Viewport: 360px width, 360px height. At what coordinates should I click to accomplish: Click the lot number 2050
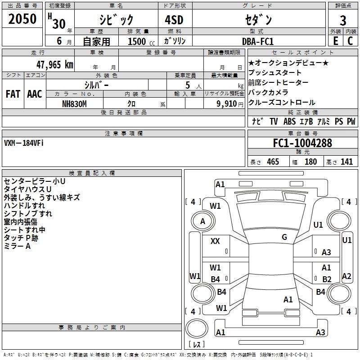click(22, 19)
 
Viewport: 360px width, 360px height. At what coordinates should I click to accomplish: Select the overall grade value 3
click(343, 21)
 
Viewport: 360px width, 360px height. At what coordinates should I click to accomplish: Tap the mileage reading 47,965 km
click(54, 65)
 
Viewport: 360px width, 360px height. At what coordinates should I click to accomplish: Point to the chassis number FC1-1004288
click(302, 143)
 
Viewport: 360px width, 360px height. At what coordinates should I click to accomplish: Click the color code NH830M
click(74, 104)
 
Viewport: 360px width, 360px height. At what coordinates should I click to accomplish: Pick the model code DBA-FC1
click(258, 41)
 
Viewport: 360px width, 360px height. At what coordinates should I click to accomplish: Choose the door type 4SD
click(174, 20)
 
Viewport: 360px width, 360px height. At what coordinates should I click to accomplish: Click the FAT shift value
click(13, 94)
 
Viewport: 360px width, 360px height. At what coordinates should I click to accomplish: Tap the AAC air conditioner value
click(35, 94)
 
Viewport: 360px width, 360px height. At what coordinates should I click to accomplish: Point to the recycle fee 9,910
click(227, 104)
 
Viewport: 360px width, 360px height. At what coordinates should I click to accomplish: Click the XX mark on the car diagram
click(215, 241)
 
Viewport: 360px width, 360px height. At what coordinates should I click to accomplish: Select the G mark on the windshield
click(284, 237)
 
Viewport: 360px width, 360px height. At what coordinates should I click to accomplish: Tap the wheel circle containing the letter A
click(203, 221)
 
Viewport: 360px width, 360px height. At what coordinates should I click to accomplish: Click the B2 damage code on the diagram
click(327, 279)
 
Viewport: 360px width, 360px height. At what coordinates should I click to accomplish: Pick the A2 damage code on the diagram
click(346, 276)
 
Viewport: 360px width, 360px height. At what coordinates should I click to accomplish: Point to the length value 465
click(273, 162)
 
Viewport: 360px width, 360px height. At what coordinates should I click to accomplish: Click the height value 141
click(346, 162)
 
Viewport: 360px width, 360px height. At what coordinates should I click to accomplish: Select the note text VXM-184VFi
click(24, 143)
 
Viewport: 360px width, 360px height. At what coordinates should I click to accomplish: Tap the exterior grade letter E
click(336, 41)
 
